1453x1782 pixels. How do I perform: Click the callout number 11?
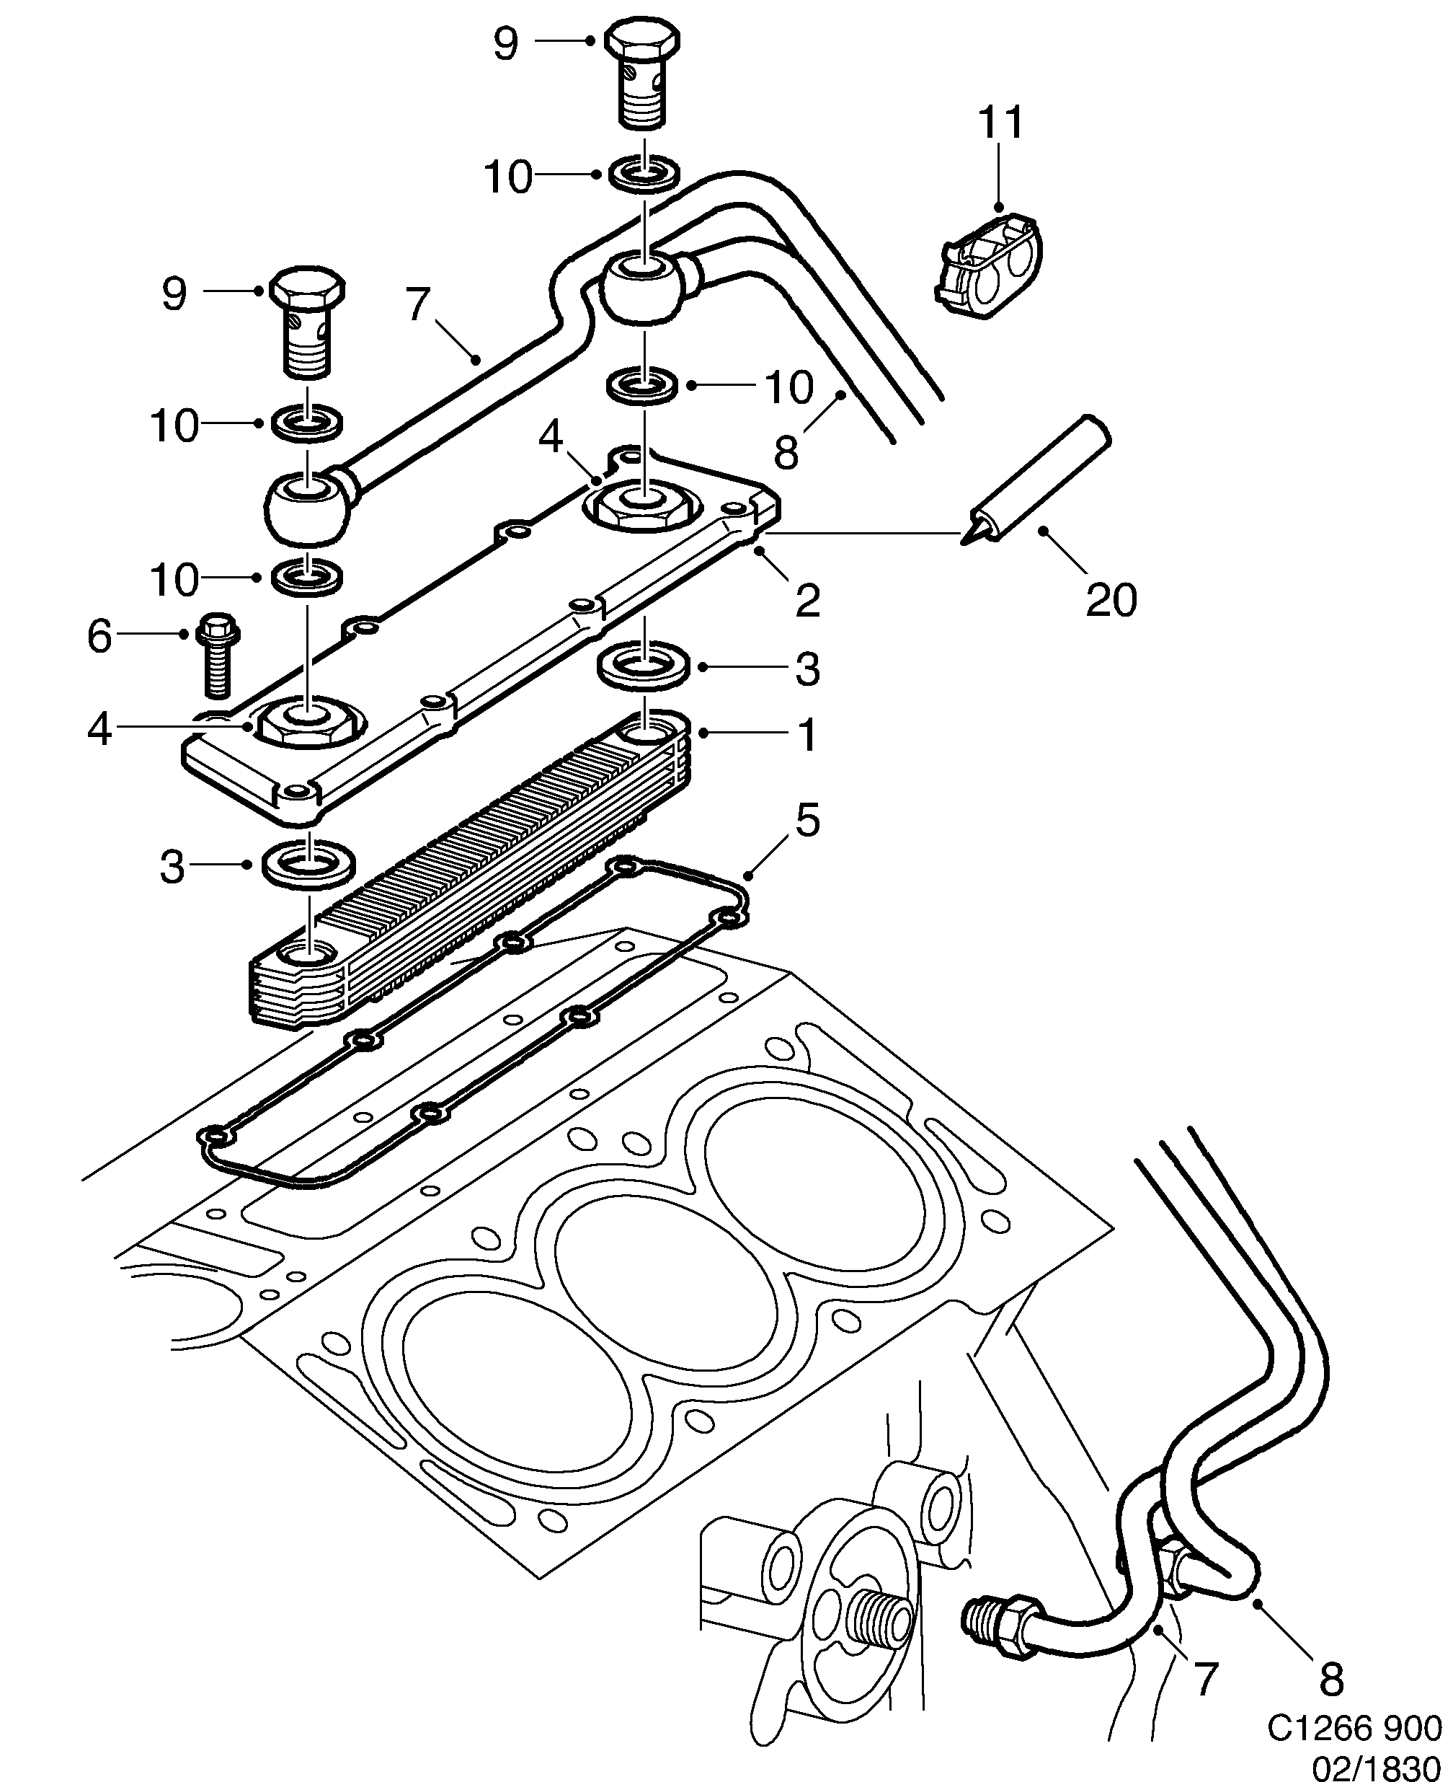(1001, 123)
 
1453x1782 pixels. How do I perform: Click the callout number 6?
(99, 636)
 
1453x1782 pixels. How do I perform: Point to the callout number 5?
(807, 821)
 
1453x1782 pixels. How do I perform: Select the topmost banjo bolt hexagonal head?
(641, 40)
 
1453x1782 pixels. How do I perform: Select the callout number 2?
(807, 601)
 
